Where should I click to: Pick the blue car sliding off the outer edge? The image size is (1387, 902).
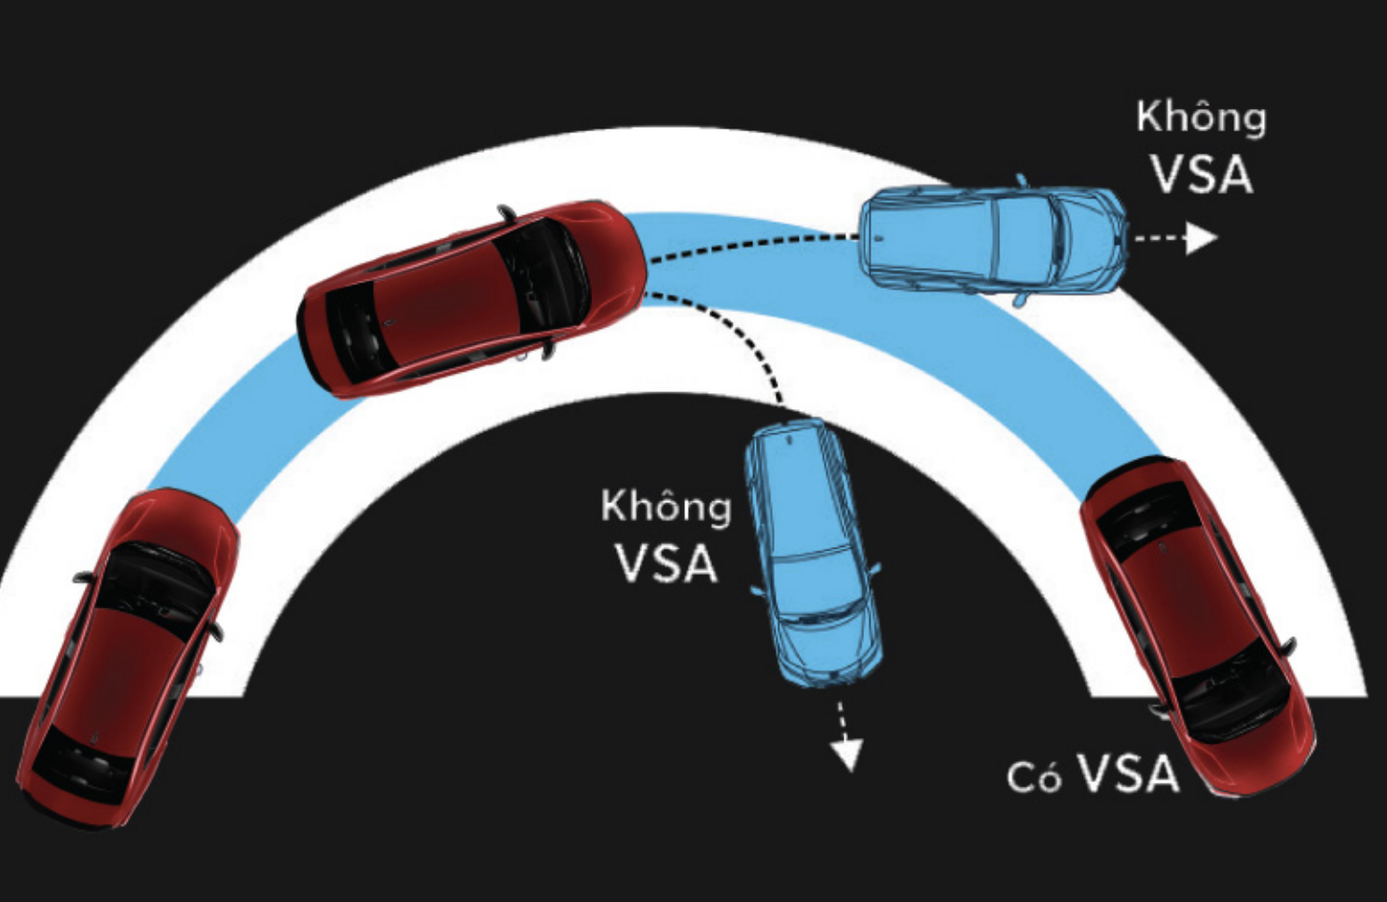993,239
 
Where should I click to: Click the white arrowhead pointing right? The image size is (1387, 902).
1202,239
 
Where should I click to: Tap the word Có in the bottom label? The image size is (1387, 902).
1034,777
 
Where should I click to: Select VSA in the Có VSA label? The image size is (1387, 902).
1128,773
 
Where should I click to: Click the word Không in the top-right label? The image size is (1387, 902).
1201,118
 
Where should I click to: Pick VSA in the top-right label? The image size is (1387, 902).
1201,174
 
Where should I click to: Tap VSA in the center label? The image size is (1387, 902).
666,564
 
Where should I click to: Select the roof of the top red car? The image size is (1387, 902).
447,302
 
